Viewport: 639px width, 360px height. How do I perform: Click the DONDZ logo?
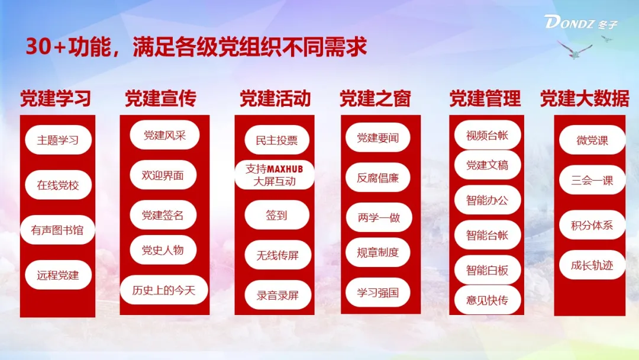pos(581,22)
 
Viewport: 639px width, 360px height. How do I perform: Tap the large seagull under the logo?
pos(575,50)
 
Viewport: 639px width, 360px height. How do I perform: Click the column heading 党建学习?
pos(56,98)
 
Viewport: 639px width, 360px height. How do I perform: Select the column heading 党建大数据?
pos(585,98)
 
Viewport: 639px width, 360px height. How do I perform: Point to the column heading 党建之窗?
pos(375,98)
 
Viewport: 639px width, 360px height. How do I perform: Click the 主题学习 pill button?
pos(58,140)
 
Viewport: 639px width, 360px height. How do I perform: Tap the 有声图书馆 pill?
pos(57,230)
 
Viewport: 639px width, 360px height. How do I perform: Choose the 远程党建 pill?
pos(58,275)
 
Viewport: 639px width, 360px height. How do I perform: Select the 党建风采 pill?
pos(164,135)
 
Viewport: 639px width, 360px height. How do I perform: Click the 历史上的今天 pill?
pos(164,290)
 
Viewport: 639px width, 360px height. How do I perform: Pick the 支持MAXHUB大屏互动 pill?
pos(275,175)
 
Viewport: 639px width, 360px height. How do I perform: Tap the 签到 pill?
pos(277,215)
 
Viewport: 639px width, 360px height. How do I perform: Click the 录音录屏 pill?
pos(277,295)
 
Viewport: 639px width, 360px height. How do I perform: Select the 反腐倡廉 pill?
pos(377,178)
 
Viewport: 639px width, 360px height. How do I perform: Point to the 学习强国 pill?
pos(377,292)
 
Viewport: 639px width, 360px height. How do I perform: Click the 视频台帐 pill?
pos(488,135)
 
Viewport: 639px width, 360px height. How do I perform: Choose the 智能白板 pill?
pos(488,270)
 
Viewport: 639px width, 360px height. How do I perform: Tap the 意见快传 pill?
pos(488,300)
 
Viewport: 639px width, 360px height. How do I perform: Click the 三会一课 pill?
pos(592,180)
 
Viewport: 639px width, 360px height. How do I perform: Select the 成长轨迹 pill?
pos(592,265)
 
